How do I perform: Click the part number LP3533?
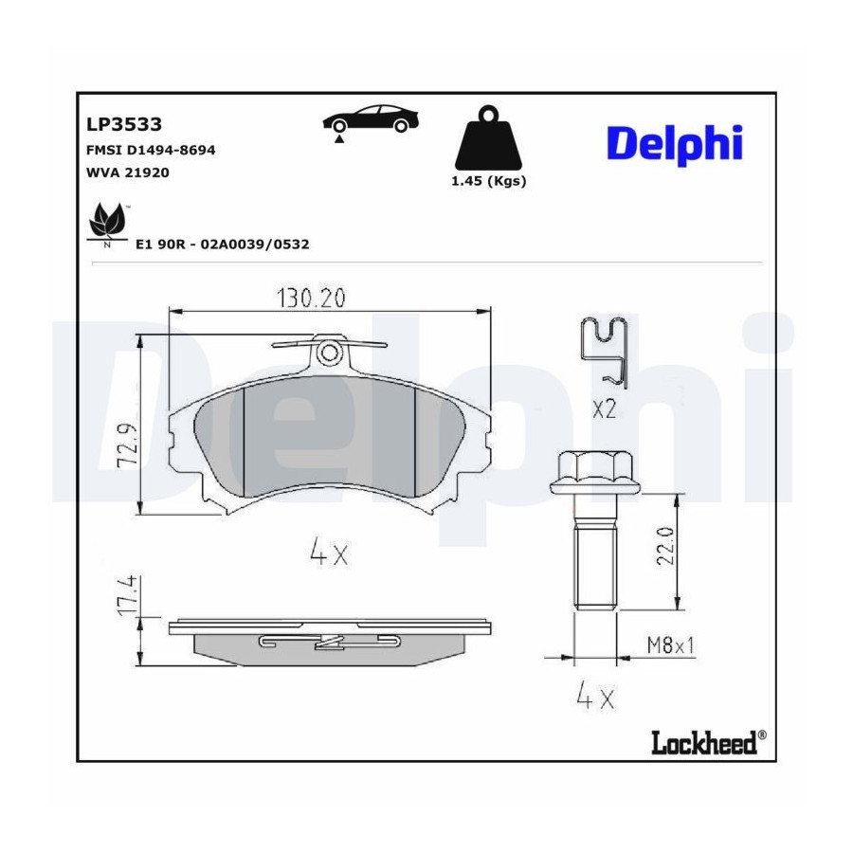(124, 124)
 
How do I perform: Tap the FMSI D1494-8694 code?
(151, 150)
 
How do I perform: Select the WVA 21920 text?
(128, 172)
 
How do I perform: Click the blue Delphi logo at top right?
(675, 144)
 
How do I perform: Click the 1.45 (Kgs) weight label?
(488, 181)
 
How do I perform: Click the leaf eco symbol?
(109, 224)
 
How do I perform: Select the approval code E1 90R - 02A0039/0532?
(223, 245)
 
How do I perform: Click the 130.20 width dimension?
(311, 299)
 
